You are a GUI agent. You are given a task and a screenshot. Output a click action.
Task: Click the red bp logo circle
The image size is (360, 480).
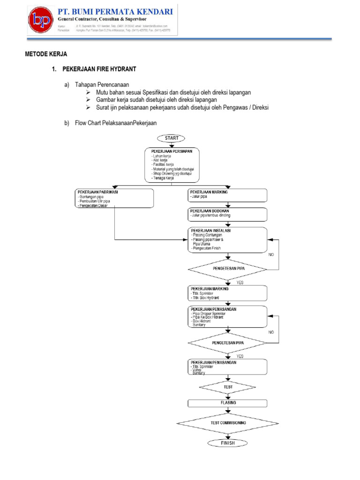pos(41,21)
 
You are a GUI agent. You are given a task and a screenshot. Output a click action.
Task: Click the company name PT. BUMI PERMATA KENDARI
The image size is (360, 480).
pos(115,11)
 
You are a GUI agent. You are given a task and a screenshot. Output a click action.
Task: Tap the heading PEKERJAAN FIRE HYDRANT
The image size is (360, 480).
pos(99,69)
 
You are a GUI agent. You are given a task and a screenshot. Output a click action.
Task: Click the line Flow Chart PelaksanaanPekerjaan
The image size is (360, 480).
pos(116,123)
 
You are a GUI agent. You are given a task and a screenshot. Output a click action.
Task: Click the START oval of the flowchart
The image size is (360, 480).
pos(172,138)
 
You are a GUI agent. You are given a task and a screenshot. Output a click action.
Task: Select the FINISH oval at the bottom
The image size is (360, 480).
pos(228,442)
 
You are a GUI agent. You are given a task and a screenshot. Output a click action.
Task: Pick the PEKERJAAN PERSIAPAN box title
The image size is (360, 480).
pos(172,151)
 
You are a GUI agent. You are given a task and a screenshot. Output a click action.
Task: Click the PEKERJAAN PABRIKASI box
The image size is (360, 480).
pos(114,198)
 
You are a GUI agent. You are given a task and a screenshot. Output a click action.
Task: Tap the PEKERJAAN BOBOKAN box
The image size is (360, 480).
pos(228,214)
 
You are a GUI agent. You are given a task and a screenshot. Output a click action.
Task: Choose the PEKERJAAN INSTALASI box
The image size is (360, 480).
pos(228,240)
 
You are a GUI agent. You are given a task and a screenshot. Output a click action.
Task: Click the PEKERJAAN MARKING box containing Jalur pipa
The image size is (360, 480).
pos(228,195)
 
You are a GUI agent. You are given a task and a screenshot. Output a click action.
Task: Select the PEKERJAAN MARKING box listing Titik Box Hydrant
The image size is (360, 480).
pos(228,293)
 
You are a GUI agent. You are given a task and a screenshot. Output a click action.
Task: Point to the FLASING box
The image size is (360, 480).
pos(228,403)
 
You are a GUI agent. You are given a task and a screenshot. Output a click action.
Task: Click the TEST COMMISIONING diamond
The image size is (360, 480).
pos(228,422)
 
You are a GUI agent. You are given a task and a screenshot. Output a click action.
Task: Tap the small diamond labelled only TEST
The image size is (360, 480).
pos(228,387)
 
